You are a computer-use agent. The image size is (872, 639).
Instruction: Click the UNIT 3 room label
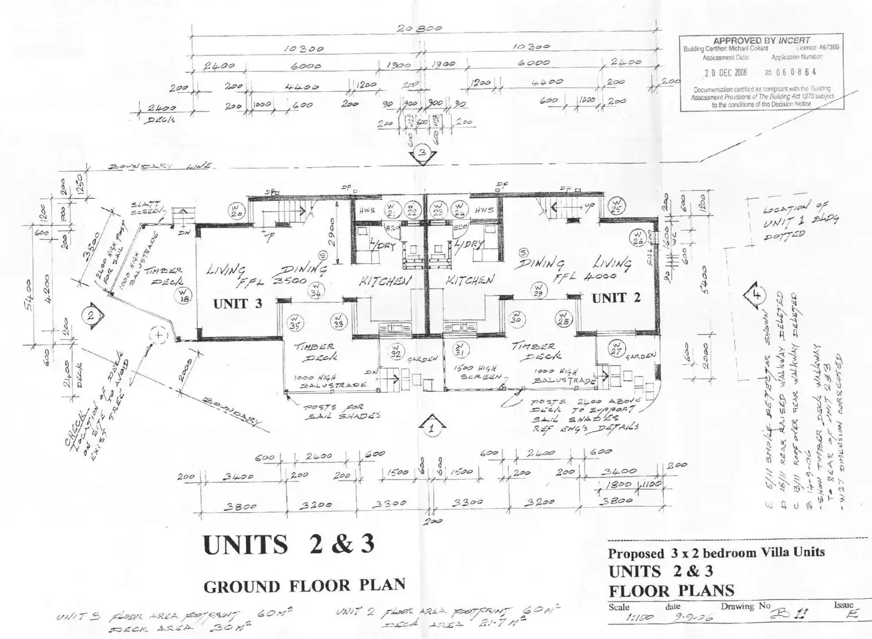coord(237,303)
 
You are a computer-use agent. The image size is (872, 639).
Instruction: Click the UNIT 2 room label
coord(616,298)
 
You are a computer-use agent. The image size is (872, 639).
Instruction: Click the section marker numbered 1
coord(432,426)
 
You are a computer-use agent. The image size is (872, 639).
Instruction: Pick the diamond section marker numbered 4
coord(755,295)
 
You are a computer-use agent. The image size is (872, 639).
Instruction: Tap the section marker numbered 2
coord(91,315)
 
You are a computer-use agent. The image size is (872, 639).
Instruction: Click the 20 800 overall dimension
coord(421,28)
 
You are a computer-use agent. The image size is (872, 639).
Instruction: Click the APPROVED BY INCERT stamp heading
coord(761,40)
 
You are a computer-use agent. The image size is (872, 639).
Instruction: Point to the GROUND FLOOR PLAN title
coord(304,586)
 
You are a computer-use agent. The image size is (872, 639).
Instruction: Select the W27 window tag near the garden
coord(616,350)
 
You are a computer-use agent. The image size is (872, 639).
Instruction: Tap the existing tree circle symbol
coord(159,336)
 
